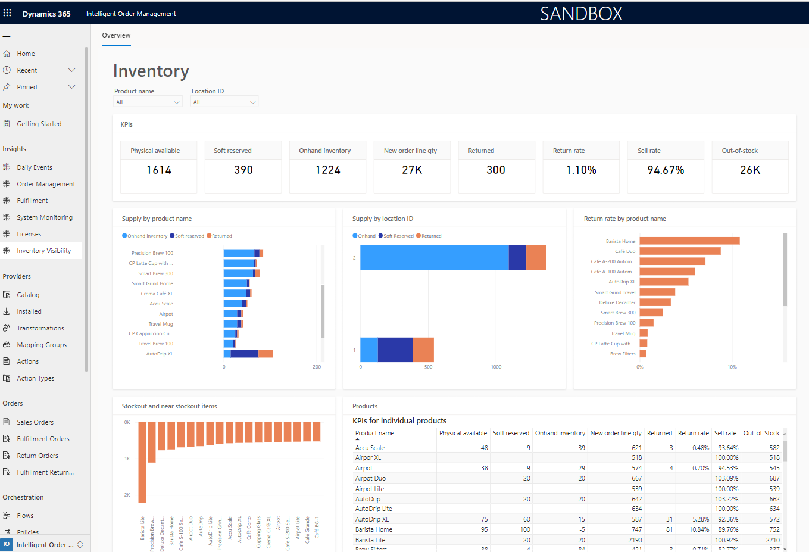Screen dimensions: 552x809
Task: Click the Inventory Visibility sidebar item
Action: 43,251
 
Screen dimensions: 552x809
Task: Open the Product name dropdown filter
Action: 148,102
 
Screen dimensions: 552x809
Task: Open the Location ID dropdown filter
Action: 224,102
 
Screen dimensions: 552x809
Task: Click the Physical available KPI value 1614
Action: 159,170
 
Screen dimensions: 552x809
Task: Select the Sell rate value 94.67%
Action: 666,170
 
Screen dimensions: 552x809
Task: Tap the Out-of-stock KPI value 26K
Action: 749,170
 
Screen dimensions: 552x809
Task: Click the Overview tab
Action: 116,35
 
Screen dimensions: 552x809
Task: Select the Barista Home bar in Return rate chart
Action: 689,241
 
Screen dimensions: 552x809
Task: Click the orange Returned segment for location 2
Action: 536,257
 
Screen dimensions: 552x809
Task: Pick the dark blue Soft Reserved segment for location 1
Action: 395,350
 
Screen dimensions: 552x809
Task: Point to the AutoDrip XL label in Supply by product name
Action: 160,354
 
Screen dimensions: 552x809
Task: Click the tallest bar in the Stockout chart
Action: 142,462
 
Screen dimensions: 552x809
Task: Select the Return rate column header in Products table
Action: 693,433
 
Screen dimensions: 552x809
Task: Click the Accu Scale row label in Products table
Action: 370,448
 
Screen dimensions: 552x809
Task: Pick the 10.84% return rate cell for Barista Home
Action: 699,529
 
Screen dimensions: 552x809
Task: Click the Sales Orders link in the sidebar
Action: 35,422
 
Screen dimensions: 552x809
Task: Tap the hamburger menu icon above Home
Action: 7,35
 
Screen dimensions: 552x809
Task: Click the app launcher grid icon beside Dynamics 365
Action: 7,13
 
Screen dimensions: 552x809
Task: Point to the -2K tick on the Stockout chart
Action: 126,495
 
